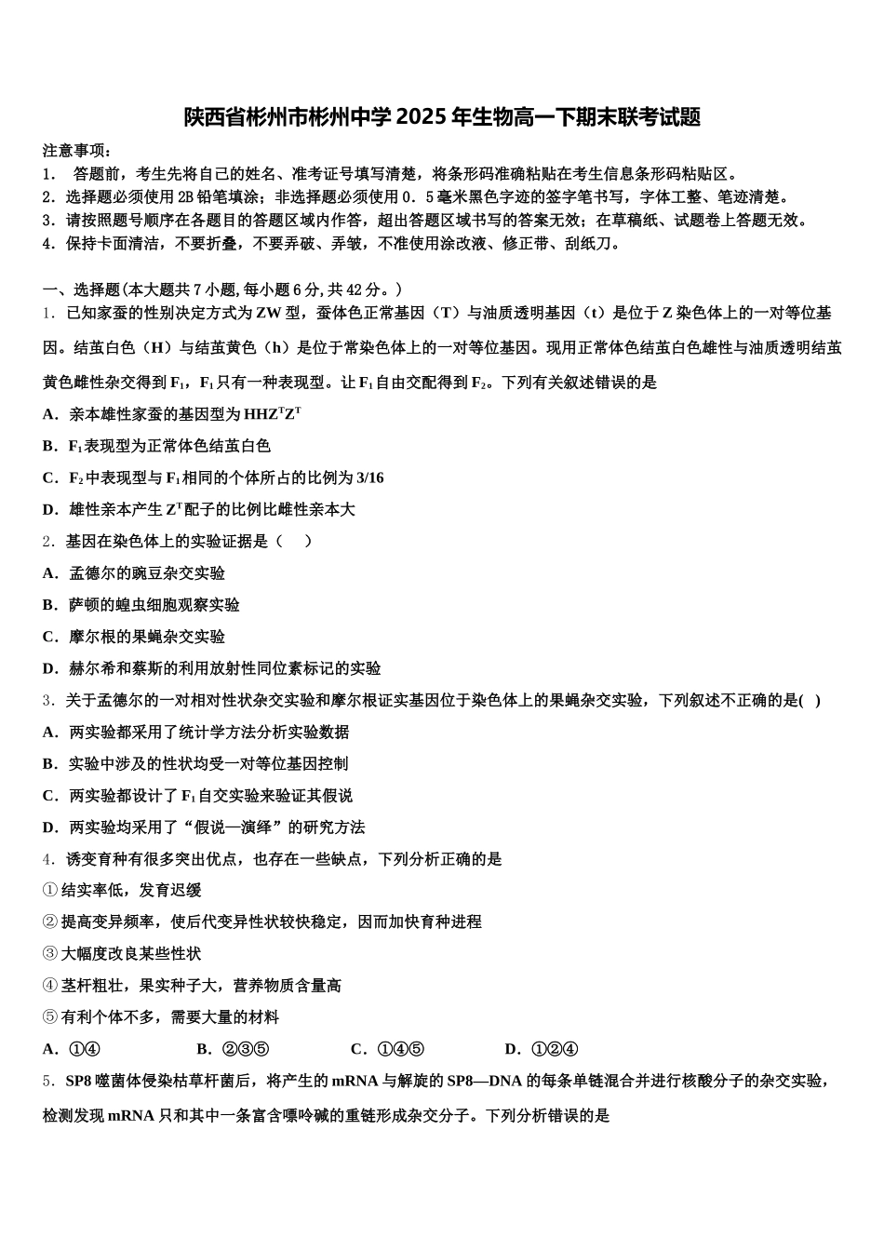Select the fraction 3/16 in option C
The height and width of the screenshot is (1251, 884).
point(369,478)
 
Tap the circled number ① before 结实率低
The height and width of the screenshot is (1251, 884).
point(50,891)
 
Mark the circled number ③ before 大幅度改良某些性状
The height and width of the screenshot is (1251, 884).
point(50,954)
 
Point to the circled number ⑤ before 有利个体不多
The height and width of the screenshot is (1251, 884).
point(50,1017)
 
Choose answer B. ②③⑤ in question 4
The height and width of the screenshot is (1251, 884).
point(233,1050)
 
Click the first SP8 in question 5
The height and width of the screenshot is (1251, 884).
point(79,1082)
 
